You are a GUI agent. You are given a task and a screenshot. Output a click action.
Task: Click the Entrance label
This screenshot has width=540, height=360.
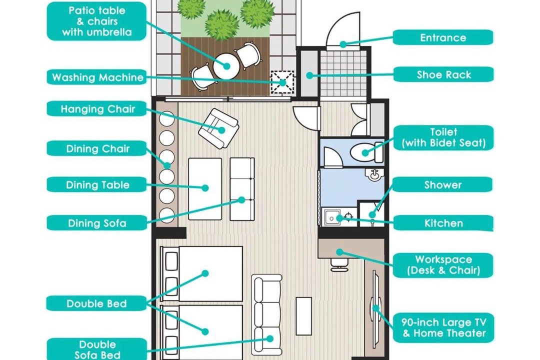click(442, 37)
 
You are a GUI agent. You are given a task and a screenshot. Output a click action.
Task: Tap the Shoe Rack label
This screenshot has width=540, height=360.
click(443, 74)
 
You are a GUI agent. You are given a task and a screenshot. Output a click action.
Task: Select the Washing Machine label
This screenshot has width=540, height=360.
click(97, 77)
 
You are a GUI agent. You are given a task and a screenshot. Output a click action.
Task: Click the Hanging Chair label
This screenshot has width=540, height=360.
click(97, 109)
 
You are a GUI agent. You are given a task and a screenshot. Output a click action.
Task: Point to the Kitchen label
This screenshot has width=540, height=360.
click(443, 223)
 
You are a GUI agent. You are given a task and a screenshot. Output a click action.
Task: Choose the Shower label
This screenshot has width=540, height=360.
click(442, 184)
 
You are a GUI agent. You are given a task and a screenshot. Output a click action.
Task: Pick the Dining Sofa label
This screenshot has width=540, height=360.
click(97, 223)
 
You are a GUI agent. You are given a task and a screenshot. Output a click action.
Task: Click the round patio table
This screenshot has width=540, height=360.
click(226, 66)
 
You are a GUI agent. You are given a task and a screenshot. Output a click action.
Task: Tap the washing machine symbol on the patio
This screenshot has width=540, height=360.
click(282, 82)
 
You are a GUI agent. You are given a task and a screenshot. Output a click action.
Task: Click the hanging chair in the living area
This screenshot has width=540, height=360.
click(218, 128)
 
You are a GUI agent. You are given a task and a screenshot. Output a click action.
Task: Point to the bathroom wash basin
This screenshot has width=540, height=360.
click(374, 174)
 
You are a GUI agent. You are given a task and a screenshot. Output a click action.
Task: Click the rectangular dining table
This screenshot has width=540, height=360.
click(205, 189)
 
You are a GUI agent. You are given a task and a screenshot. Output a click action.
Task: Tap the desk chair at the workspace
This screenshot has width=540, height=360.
click(339, 264)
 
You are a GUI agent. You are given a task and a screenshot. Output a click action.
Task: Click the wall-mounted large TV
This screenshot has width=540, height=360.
click(374, 308)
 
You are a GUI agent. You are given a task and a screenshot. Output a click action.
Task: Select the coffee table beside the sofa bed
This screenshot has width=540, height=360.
click(304, 316)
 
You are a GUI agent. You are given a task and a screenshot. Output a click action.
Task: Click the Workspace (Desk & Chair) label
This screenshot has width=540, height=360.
click(443, 264)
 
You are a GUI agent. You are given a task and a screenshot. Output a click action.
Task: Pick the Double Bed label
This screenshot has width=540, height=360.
click(96, 303)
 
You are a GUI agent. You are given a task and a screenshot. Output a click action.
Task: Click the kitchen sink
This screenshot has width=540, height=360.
click(332, 217)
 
